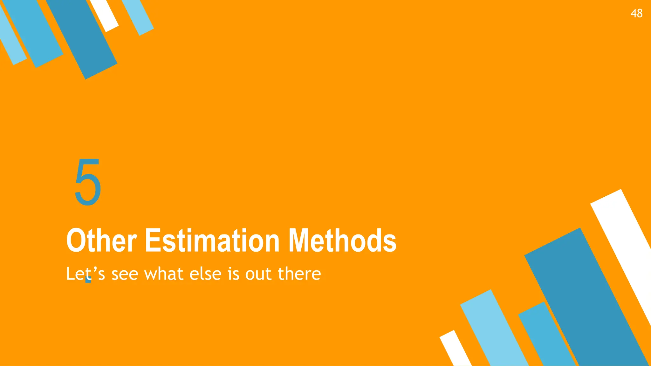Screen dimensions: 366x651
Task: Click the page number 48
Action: tap(636, 13)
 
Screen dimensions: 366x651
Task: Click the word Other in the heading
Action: tap(101, 241)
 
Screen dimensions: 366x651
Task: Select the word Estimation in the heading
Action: tap(212, 241)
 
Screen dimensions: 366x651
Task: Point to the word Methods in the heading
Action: tap(342, 241)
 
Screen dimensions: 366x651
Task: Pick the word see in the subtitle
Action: tap(125, 274)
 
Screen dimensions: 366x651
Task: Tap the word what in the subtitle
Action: tap(164, 274)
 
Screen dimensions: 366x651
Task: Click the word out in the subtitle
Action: tap(258, 274)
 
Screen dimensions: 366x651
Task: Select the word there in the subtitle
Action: tap(299, 274)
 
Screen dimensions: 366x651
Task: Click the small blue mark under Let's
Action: tap(89, 280)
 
